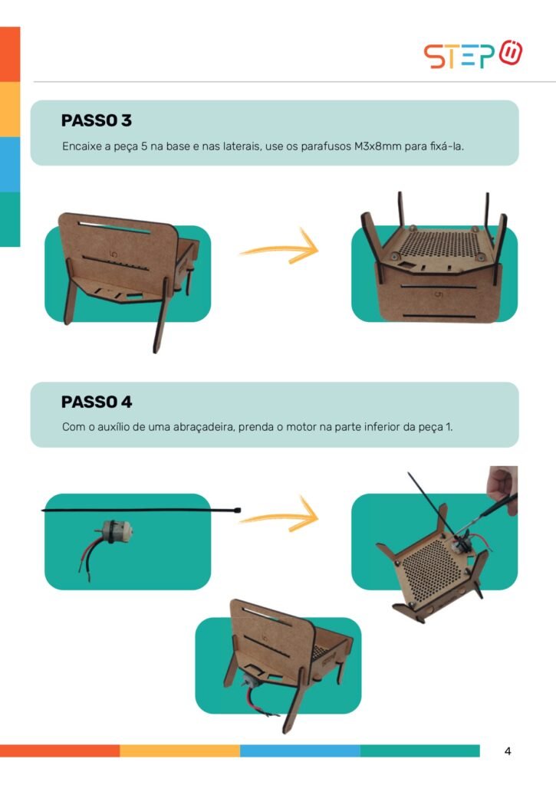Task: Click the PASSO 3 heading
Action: click(96, 120)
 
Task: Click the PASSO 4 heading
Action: click(97, 402)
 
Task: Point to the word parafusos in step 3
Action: click(326, 147)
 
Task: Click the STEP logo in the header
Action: click(473, 54)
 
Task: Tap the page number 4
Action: click(508, 751)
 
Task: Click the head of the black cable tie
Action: click(238, 510)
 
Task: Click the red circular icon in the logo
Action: click(511, 52)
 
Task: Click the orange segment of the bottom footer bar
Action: click(60, 751)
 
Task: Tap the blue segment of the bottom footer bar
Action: click(300, 751)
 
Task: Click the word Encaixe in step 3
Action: click(82, 146)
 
